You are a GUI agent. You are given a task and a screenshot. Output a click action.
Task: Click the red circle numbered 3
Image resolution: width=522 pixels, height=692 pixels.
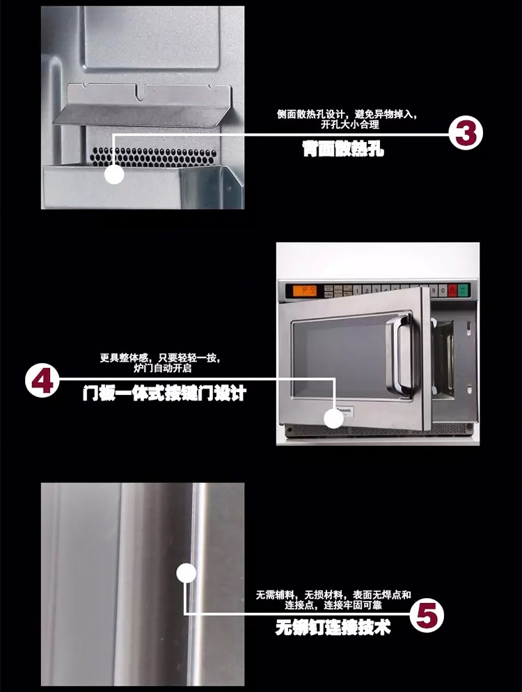465,134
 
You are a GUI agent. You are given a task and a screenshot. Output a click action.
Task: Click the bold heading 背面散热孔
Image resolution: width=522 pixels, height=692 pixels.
343,149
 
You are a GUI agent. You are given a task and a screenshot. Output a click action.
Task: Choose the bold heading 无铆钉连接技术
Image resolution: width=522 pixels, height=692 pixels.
333,629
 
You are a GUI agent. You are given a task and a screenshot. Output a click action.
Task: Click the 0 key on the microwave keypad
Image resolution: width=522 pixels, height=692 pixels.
441,290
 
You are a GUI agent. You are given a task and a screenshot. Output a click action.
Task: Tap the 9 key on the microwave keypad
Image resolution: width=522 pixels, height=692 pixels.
432,290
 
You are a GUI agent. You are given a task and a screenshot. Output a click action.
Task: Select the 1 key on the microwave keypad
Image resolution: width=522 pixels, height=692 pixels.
358,290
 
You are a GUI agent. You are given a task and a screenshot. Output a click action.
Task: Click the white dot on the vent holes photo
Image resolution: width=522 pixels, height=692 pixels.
114,174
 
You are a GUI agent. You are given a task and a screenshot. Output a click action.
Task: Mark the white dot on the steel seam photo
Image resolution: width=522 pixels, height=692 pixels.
186,574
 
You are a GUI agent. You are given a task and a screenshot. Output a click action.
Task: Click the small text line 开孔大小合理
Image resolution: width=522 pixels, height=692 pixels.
349,126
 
